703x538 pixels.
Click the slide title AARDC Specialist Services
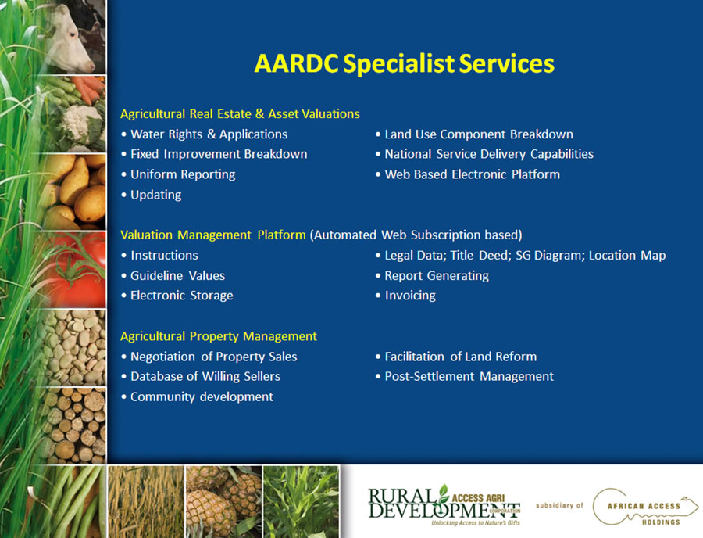[x=404, y=63]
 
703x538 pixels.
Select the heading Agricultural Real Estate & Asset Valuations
[x=240, y=114]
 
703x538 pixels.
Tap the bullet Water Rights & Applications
[x=209, y=134]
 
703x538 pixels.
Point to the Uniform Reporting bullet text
[x=183, y=174]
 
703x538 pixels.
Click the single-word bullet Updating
[x=156, y=195]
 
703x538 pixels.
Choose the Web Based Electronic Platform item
[x=472, y=174]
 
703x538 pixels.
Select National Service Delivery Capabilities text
[x=489, y=154]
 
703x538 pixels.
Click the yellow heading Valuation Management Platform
[x=213, y=235]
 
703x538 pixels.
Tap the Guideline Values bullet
[x=177, y=275]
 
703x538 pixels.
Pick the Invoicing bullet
[x=410, y=296]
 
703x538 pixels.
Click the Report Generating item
[x=437, y=275]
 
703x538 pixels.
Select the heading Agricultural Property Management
[x=219, y=336]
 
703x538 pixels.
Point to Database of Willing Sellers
[x=205, y=376]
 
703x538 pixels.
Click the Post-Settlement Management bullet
[x=469, y=376]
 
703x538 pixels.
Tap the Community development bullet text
[x=202, y=396]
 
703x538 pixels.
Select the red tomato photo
[x=77, y=270]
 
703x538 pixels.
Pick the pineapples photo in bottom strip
[x=223, y=502]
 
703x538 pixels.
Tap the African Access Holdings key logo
[x=644, y=507]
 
